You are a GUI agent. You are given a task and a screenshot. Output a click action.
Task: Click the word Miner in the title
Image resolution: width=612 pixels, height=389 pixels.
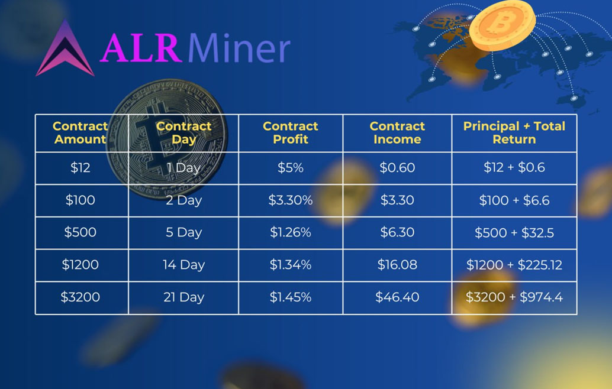[x=239, y=48]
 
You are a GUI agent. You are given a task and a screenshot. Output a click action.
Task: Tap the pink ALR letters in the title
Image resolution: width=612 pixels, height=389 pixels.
[x=141, y=48]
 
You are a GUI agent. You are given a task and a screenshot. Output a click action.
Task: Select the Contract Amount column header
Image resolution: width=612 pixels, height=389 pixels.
[x=80, y=133]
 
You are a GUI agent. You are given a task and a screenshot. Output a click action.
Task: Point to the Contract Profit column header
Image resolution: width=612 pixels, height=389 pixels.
[x=291, y=133]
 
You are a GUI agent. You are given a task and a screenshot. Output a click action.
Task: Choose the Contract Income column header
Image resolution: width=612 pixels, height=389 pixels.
[x=397, y=133]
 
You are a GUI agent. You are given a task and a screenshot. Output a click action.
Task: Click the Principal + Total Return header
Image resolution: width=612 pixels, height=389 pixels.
[x=514, y=133]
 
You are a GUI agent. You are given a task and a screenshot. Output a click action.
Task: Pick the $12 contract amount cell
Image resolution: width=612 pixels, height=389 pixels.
[x=80, y=168]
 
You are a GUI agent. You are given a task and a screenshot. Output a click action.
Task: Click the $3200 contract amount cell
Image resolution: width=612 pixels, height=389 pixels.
[x=80, y=297]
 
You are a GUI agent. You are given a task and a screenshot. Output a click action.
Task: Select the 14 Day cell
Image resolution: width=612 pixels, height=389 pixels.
[x=184, y=265]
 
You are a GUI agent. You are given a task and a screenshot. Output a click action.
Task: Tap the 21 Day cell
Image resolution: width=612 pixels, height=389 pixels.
[x=184, y=297]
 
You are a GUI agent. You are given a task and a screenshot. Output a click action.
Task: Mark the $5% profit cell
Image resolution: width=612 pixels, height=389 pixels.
[x=291, y=168]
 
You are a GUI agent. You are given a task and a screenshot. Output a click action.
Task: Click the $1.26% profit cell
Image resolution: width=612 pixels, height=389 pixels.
[x=291, y=232]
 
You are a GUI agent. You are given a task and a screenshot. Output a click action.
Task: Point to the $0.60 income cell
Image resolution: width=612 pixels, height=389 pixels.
[x=397, y=168]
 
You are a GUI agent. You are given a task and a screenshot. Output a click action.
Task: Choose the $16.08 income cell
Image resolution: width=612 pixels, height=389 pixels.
[x=397, y=265]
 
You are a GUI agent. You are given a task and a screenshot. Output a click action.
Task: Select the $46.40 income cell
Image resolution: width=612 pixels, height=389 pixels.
[x=397, y=297]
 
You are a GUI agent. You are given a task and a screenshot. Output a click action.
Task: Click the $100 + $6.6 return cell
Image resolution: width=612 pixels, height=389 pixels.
[x=514, y=200]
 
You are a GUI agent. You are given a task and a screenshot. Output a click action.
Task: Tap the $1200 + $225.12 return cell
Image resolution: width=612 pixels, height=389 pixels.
[x=514, y=265]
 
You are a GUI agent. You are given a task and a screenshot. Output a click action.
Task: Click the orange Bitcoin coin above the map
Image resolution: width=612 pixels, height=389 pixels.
[x=503, y=25]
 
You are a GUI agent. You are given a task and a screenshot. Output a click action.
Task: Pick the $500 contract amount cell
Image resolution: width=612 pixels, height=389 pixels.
[x=80, y=232]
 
